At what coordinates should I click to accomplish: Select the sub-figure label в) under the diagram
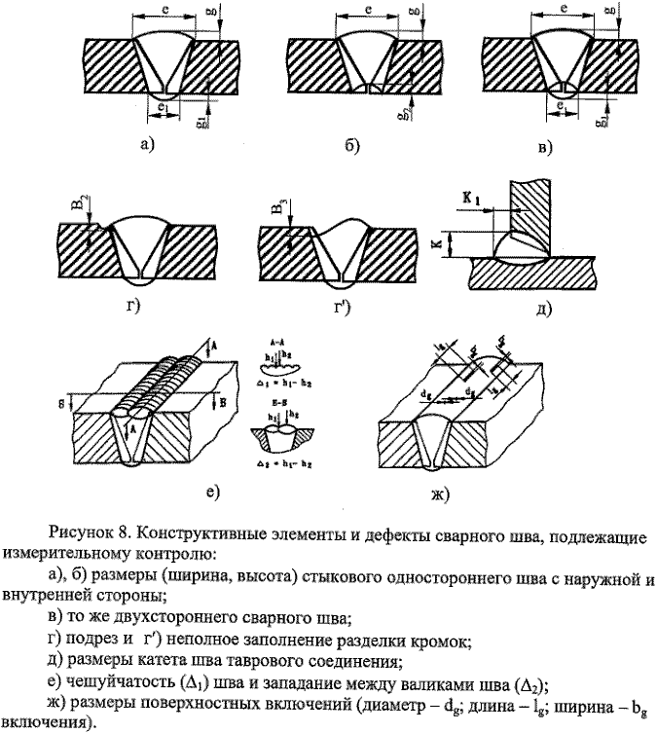click(x=545, y=147)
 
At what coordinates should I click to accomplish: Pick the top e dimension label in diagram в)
click(x=566, y=8)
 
